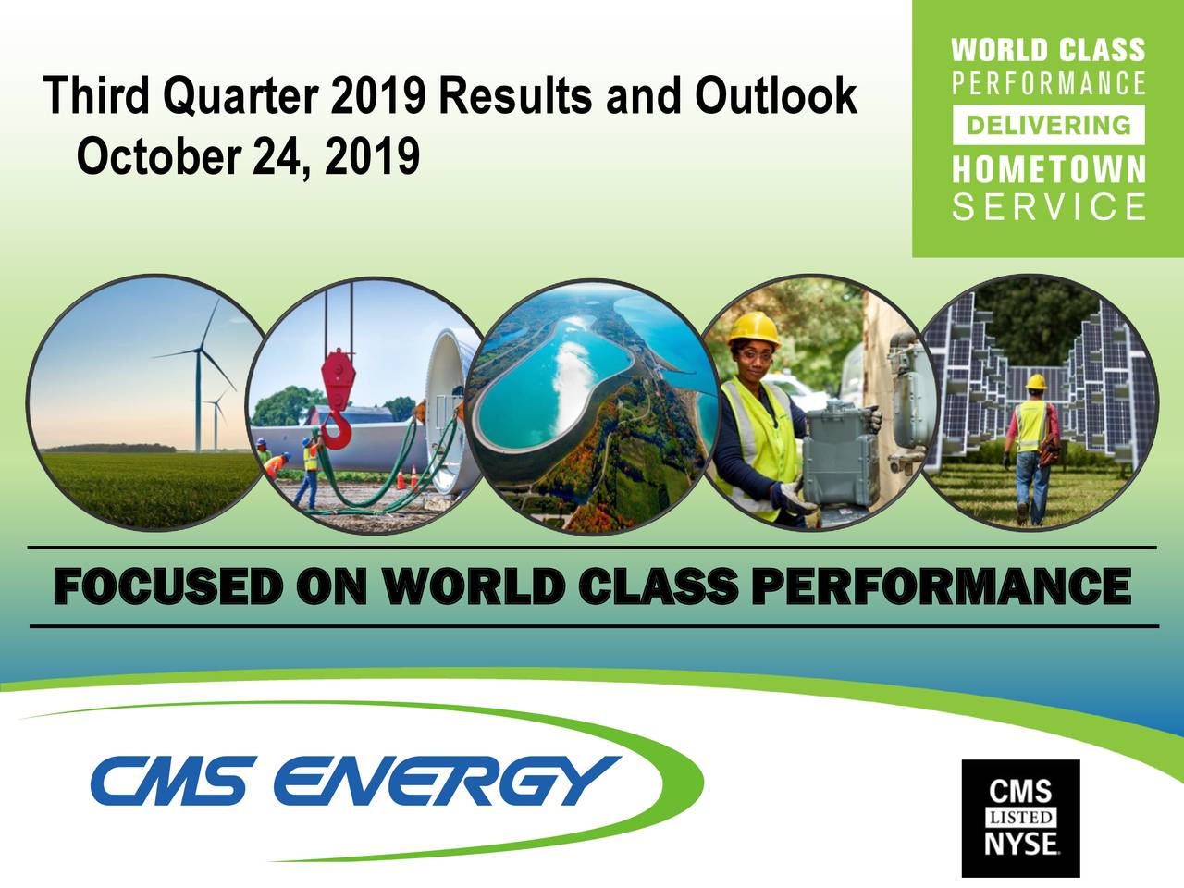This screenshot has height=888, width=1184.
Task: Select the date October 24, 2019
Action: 248,157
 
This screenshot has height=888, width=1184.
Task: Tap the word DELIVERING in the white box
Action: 1048,125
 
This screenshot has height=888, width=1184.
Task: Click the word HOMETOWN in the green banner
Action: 1048,170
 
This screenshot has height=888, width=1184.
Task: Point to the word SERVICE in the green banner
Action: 1048,207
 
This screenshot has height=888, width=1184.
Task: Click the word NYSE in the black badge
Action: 1020,845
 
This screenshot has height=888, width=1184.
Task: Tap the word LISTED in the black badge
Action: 1020,818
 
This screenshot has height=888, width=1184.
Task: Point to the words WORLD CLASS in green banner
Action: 1048,50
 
